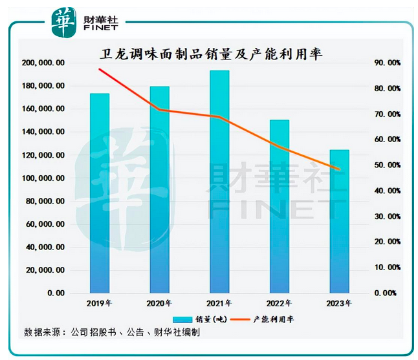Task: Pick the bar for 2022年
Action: coord(280,206)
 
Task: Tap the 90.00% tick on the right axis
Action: coord(389,63)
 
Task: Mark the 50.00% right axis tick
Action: coord(389,165)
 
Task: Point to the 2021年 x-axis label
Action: coord(219,304)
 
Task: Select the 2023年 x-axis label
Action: coord(339,304)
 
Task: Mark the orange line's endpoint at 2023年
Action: coord(339,169)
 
